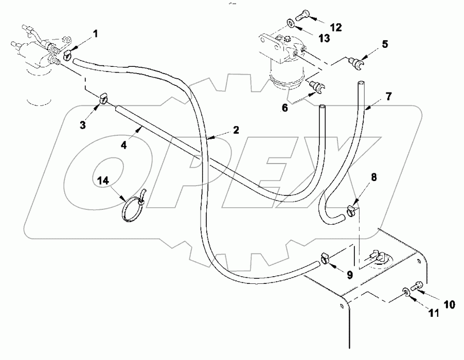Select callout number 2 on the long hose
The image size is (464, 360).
pyautogui.click(x=236, y=130)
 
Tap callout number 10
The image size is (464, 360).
pyautogui.click(x=449, y=304)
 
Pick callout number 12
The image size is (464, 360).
pyautogui.click(x=335, y=26)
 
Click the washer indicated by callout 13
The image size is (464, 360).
pyautogui.click(x=291, y=23)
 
